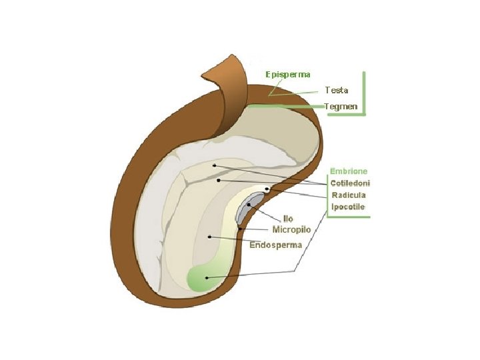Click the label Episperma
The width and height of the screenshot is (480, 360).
click(x=287, y=73)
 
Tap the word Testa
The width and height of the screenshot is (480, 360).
click(x=337, y=89)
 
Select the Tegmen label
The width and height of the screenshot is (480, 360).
click(x=341, y=107)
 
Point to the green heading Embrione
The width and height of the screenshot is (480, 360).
click(x=349, y=171)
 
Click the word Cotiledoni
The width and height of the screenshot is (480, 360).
click(x=351, y=183)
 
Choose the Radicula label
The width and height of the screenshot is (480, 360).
click(x=349, y=195)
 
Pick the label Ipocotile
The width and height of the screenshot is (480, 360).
click(x=349, y=207)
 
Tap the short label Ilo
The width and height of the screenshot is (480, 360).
click(x=288, y=219)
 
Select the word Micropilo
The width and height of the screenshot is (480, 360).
click(x=292, y=229)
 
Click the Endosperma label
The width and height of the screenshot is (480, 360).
click(x=276, y=245)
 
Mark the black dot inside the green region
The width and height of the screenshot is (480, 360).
click(x=207, y=277)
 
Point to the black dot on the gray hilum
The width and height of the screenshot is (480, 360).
click(x=249, y=205)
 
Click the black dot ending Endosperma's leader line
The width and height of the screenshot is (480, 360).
click(x=210, y=236)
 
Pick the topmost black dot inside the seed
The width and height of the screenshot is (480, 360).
click(x=214, y=165)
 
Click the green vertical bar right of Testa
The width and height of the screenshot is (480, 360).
click(x=364, y=93)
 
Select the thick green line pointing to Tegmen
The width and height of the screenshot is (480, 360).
click(x=287, y=106)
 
